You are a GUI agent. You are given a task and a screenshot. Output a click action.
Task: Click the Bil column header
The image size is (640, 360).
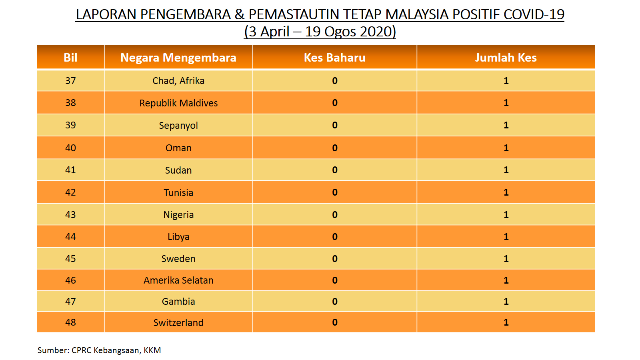pos(70,58)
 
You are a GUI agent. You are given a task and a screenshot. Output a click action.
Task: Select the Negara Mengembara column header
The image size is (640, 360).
pos(178,58)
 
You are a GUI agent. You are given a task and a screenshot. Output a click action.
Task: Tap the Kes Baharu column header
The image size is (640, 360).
pos(334,58)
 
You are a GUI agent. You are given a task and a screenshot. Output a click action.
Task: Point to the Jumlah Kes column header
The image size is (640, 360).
pos(506,58)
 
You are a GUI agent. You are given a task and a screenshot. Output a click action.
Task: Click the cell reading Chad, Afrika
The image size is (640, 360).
pos(178,80)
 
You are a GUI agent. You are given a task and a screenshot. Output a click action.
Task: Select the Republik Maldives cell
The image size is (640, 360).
pos(178,103)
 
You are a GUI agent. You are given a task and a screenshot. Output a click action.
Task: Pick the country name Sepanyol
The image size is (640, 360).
pos(178,126)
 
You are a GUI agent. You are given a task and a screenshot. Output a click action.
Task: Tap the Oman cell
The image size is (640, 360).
pos(178,148)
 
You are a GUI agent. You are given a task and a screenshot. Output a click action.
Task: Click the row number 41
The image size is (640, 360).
pos(70,170)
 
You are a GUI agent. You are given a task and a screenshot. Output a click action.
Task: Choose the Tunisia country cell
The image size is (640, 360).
pos(178,192)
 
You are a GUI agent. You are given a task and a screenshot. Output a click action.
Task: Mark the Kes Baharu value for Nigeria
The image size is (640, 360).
pos(334,214)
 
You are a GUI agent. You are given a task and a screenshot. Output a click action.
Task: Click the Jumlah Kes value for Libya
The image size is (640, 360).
pos(506,236)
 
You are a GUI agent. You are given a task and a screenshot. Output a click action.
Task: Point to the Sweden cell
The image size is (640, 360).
pos(178,258)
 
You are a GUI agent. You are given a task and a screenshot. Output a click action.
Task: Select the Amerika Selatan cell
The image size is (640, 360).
pos(178,280)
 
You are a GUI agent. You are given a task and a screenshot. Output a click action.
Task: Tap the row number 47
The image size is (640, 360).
pos(70,302)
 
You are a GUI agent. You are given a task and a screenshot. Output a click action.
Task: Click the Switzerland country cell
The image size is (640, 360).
pos(178,322)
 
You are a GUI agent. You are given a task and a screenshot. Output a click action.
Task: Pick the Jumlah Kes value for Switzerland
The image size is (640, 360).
pos(506,322)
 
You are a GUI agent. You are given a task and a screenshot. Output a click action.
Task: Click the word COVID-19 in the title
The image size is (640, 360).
pos(534,14)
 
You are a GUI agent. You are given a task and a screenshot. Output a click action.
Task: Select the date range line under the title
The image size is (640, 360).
pos(320,32)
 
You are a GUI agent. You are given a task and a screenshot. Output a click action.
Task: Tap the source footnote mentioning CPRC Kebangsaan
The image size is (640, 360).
pos(99,350)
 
